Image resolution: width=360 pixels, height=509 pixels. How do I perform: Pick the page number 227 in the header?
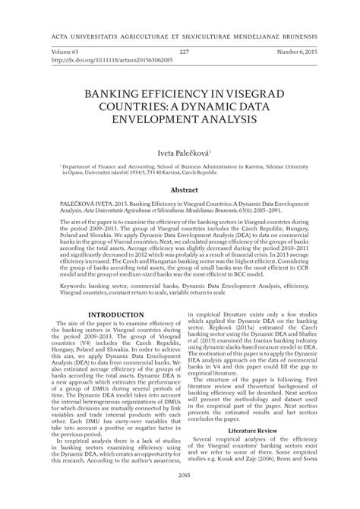tap(183, 51)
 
